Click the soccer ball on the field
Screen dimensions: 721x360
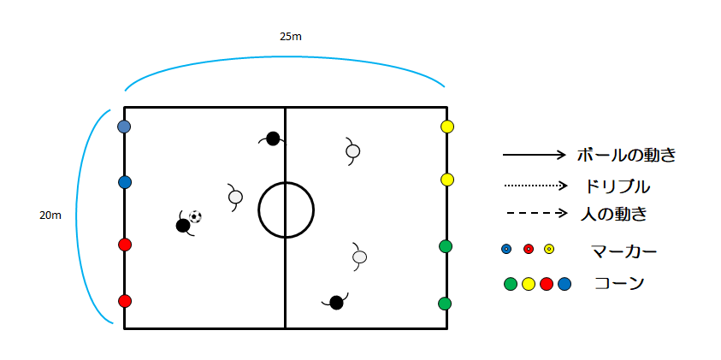point(195,216)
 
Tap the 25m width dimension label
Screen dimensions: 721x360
point(291,37)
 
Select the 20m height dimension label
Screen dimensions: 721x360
point(50,215)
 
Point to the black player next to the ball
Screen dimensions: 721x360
point(183,225)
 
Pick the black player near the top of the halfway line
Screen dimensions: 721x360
point(273,139)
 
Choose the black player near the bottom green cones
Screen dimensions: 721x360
point(337,302)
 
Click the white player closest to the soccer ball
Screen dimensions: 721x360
point(235,197)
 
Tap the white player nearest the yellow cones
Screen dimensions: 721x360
point(352,150)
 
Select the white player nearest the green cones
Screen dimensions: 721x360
point(359,257)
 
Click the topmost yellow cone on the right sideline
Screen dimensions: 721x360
point(447,127)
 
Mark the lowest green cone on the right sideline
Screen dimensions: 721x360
point(445,304)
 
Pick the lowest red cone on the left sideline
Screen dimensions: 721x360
point(125,301)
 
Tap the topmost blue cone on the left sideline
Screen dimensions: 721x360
point(124,127)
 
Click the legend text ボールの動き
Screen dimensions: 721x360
point(626,156)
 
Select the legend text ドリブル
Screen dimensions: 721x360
point(617,186)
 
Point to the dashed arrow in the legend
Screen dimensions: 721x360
point(535,213)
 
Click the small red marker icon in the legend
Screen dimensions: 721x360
point(529,249)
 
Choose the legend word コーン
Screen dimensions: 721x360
point(619,284)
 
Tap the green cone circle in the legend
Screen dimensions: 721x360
point(511,284)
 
